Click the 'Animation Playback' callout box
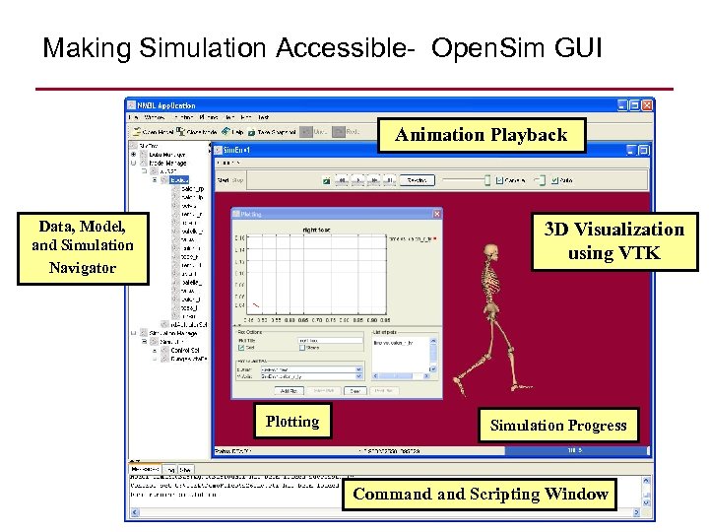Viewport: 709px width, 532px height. [x=481, y=135]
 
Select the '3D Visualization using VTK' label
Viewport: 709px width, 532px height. [x=613, y=241]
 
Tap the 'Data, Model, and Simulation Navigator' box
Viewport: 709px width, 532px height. [x=82, y=246]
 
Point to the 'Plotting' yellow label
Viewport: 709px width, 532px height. [x=291, y=422]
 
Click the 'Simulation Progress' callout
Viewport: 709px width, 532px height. [x=557, y=426]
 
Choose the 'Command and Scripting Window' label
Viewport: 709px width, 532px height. [x=480, y=494]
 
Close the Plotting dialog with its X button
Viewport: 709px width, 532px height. [x=436, y=213]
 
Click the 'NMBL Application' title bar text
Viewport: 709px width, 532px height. [x=167, y=105]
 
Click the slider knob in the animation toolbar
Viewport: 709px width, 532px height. [x=484, y=180]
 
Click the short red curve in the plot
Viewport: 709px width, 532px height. [x=254, y=304]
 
